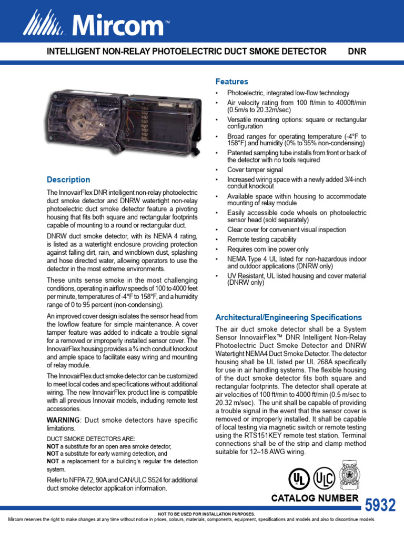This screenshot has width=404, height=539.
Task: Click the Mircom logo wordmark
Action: click(x=119, y=25)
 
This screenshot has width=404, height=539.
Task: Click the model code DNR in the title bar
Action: click(x=357, y=52)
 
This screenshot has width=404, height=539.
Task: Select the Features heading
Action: click(x=231, y=82)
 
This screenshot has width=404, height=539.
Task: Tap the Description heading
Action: click(x=68, y=179)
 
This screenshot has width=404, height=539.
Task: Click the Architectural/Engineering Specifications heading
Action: click(x=289, y=317)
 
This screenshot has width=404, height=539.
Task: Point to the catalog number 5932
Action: click(x=379, y=505)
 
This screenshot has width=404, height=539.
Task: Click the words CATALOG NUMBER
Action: click(x=315, y=498)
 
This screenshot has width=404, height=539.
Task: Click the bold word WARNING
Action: click(x=63, y=420)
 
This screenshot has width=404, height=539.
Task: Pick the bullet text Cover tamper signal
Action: click(x=255, y=170)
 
